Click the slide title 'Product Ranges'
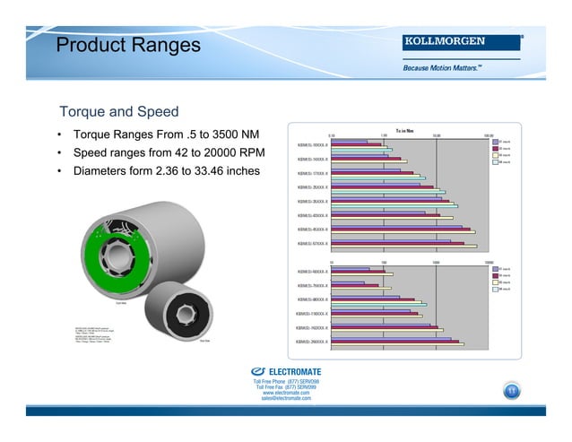pos(128,46)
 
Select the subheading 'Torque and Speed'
pos(118,112)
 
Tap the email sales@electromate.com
pos(286,398)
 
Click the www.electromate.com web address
pos(286,393)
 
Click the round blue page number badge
pos(512,390)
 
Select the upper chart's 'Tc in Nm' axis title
pos(403,130)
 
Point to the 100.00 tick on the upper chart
pos(488,135)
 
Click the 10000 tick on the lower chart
pos(489,263)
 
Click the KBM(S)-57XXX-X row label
pos(312,243)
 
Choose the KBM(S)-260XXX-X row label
pos(311,342)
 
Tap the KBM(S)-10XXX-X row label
pos(312,145)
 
